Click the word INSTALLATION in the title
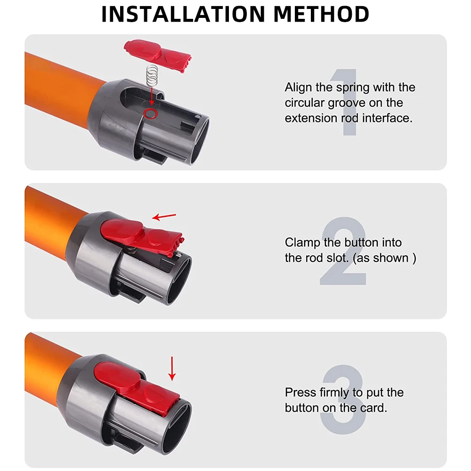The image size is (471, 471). (x=183, y=14)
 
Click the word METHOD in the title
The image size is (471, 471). (x=321, y=14)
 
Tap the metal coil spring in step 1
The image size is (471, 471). (x=152, y=76)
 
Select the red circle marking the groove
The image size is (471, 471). (x=150, y=113)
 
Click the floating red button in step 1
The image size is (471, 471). (x=157, y=57)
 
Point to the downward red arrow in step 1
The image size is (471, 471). (x=152, y=96)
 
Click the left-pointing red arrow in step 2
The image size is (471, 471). (x=164, y=216)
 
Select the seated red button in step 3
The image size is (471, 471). (x=137, y=388)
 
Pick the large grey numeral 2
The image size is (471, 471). (x=343, y=251)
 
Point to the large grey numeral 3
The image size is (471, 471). (x=343, y=399)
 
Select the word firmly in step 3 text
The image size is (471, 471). (x=334, y=393)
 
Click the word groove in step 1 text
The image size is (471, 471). (x=347, y=103)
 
